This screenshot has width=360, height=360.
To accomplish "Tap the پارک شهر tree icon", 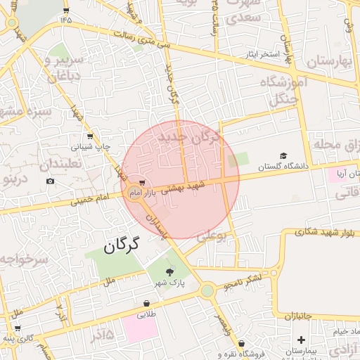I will click(169, 271).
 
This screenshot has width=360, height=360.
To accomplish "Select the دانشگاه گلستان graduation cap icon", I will click(283, 156).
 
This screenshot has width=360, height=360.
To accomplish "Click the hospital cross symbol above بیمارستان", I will click(301, 340).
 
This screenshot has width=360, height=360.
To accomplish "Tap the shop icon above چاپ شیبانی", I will click(89, 136).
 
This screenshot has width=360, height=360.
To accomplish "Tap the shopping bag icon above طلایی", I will click(146, 304).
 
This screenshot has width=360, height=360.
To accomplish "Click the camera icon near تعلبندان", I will click(50, 181).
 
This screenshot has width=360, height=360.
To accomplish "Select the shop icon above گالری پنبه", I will click(16, 328).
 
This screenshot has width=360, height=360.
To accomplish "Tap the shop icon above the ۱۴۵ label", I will click(66, 10).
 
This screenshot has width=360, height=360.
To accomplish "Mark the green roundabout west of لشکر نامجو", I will click(207, 290).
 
